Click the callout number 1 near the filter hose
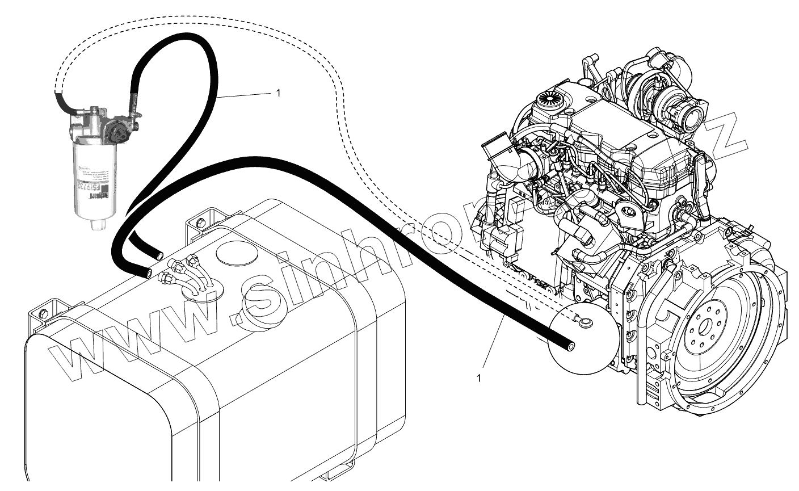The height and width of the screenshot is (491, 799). click(x=277, y=93)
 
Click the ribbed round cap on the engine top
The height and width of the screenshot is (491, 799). click(x=549, y=100)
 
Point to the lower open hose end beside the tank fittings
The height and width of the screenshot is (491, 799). click(x=148, y=273)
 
